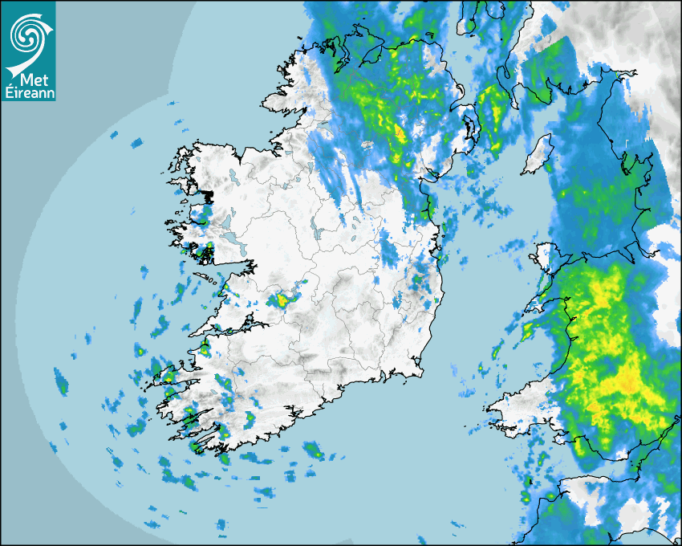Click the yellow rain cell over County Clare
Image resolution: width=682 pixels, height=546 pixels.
(x=281, y=300)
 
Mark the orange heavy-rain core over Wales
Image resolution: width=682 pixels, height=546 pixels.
(x=628, y=386)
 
